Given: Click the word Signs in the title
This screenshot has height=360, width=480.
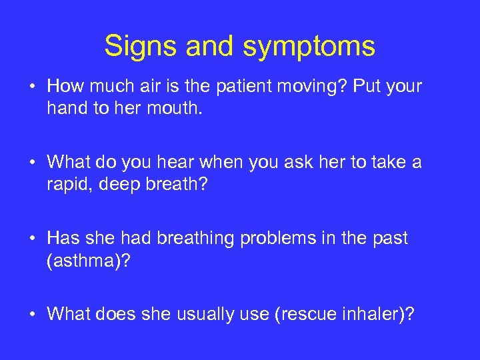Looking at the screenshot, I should click(141, 47).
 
